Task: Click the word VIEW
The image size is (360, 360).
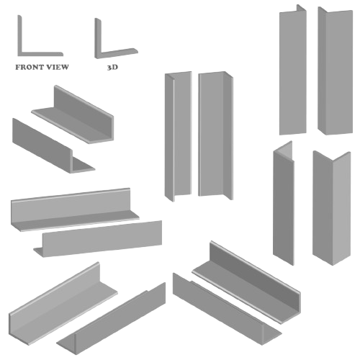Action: pos(58,67)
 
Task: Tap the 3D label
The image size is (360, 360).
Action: pos(112,67)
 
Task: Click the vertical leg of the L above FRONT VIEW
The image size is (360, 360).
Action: pos(20,35)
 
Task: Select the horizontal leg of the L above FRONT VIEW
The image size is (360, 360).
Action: pos(40,54)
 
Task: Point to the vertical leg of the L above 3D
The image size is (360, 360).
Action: pos(98,38)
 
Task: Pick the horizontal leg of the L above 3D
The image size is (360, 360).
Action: pos(117,53)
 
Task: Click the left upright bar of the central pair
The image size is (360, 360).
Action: pos(178,135)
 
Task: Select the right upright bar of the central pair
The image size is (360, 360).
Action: pos(215,135)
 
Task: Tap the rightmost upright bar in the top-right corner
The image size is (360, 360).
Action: pos(336,71)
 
